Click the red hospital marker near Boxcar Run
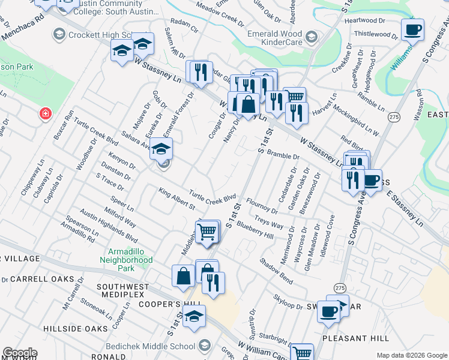[44, 113]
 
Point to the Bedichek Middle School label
[151, 346]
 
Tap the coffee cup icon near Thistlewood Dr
[413, 29]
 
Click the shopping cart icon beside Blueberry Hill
[207, 231]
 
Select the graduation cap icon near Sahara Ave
[161, 149]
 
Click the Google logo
[20, 353]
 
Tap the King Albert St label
[177, 199]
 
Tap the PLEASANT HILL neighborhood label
[355, 338]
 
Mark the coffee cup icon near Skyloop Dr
[328, 311]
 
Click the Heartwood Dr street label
[369, 20]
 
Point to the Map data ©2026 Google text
[411, 355]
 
